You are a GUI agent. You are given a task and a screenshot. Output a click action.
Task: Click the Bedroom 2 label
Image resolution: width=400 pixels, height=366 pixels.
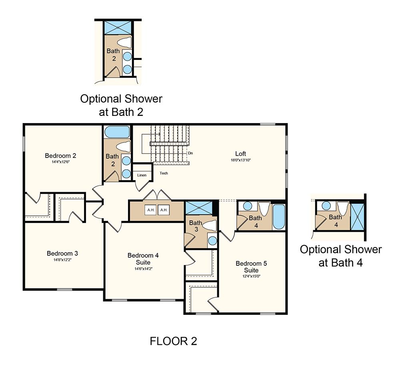tap(60, 155)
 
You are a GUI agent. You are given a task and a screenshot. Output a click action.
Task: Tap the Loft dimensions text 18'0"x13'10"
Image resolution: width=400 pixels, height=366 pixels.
tap(240, 160)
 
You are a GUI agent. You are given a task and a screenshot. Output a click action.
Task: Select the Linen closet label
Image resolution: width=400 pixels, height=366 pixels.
tap(142, 175)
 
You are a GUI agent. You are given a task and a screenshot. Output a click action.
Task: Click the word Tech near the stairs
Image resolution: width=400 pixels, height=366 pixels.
tap(164, 173)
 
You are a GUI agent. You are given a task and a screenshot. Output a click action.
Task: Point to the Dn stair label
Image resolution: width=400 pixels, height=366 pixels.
tap(190, 153)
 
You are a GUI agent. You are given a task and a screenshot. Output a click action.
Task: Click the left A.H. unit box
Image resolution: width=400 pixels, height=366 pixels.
tap(151, 210)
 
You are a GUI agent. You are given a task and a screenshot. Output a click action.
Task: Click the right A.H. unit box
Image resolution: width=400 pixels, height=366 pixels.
tap(164, 210)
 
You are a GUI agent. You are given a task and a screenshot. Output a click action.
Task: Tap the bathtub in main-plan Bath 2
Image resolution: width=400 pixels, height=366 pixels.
tap(117, 132)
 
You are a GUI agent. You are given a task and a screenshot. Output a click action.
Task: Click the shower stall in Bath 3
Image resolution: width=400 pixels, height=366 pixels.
tap(199, 208)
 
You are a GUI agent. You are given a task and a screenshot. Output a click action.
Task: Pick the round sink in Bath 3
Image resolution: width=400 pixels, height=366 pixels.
tap(212, 241)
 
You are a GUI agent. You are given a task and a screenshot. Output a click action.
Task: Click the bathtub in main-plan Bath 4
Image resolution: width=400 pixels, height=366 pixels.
tap(278, 217)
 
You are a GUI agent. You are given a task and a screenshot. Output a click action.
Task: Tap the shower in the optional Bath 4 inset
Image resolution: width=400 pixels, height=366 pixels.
tap(357, 217)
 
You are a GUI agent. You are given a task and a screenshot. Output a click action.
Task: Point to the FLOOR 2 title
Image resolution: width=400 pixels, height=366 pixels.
tap(174, 341)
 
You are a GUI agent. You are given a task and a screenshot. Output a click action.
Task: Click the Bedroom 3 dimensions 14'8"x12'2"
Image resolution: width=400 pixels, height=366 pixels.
tap(62, 260)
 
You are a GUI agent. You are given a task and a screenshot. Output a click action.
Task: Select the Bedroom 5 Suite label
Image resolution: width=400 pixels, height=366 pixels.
tap(251, 267)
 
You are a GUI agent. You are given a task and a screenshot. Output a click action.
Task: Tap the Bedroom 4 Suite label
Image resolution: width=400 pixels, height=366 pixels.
tap(143, 259)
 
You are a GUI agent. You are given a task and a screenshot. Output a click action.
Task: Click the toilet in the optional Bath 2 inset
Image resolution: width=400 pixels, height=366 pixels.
tap(125, 42)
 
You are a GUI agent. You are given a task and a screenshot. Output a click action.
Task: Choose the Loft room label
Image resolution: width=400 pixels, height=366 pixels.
tap(240, 154)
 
